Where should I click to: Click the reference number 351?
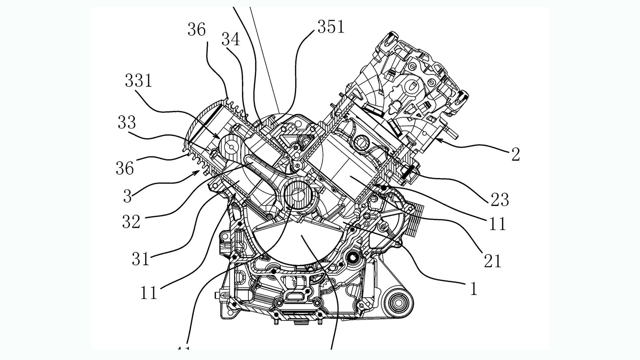[x=331, y=27]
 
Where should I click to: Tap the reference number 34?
[x=230, y=40]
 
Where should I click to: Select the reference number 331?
[x=138, y=81]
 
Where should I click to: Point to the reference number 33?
[x=126, y=122]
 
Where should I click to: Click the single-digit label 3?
[x=127, y=196]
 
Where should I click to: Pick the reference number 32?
[x=131, y=222]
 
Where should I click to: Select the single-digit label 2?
[x=516, y=155]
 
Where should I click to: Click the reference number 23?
[x=500, y=200]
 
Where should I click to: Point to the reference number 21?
[x=492, y=261]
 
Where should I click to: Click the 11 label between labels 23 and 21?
[x=498, y=224]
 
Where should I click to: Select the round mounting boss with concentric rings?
[x=398, y=303]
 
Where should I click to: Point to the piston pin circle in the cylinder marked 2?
[x=363, y=142]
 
